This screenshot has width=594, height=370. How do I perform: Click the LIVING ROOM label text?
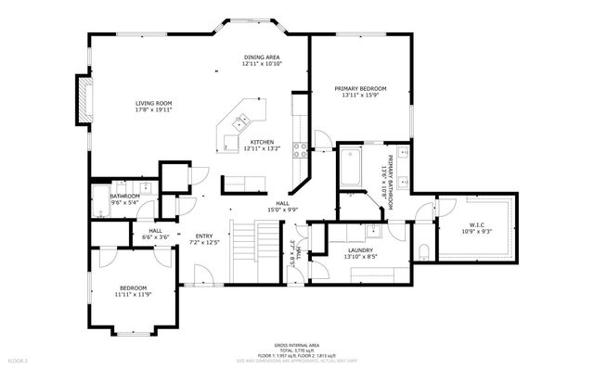click(153, 103)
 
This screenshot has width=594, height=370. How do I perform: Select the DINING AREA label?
click(262, 57)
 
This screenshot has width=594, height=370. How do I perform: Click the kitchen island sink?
click(240, 119)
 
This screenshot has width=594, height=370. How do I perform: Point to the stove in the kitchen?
click(301, 146)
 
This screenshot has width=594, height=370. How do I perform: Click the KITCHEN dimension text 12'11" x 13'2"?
click(262, 148)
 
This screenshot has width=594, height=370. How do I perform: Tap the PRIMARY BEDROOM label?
click(361, 88)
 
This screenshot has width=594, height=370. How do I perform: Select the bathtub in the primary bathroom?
click(351, 170)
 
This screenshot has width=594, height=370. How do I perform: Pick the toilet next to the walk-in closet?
click(423, 250)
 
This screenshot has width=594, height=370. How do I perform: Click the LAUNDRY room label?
click(360, 250)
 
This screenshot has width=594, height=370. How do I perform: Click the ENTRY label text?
click(204, 236)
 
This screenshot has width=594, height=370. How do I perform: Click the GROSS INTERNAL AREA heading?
click(297, 343)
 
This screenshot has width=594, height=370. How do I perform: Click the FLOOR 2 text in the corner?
click(18, 359)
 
